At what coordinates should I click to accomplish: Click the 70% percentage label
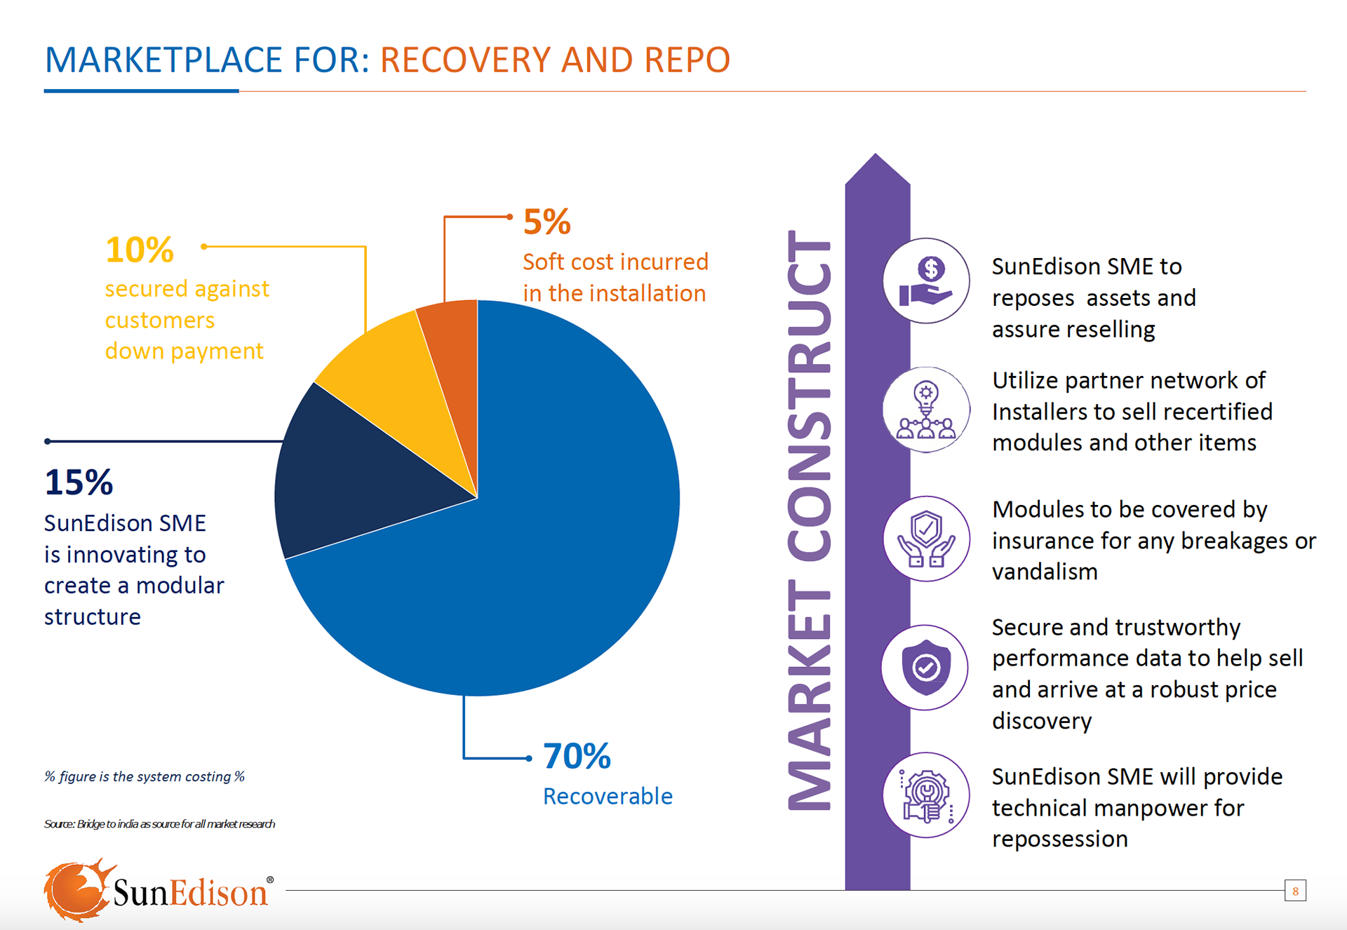coord(577,756)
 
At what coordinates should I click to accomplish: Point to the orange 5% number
coord(547,222)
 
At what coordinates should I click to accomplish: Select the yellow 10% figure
coord(139,250)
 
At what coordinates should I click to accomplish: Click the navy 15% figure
coord(79,483)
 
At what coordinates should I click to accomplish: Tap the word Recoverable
coord(608,796)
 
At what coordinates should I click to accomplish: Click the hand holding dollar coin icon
coord(926,281)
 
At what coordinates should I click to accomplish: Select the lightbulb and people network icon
coord(926,410)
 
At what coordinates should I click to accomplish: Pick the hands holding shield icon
coord(926,539)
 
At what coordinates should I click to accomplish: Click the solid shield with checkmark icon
coord(925,667)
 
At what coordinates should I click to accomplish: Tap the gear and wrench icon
coord(926,795)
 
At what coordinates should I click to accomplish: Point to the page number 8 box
coord(1295,891)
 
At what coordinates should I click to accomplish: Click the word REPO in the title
coord(687,60)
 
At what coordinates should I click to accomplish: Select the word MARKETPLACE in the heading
coord(163,60)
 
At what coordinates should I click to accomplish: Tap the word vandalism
coord(1045,572)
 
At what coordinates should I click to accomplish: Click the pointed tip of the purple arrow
coord(876,158)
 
